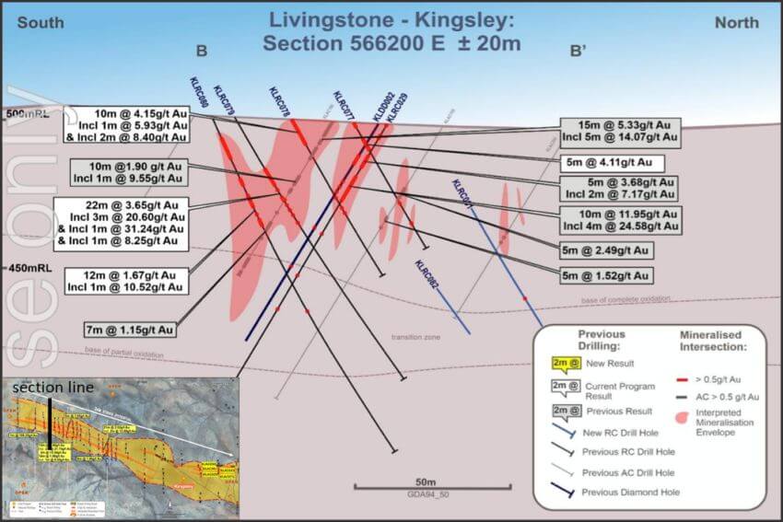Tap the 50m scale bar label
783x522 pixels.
[x=426, y=481]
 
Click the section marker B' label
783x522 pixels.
[x=578, y=52]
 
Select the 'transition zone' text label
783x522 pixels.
[x=415, y=338]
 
